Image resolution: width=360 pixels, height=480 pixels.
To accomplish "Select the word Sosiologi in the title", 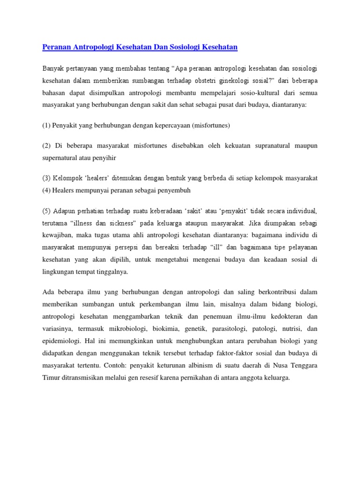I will (x=178, y=47).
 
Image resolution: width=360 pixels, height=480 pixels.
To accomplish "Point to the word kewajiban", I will (x=59, y=235).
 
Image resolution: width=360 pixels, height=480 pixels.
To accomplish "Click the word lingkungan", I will (x=60, y=271).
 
